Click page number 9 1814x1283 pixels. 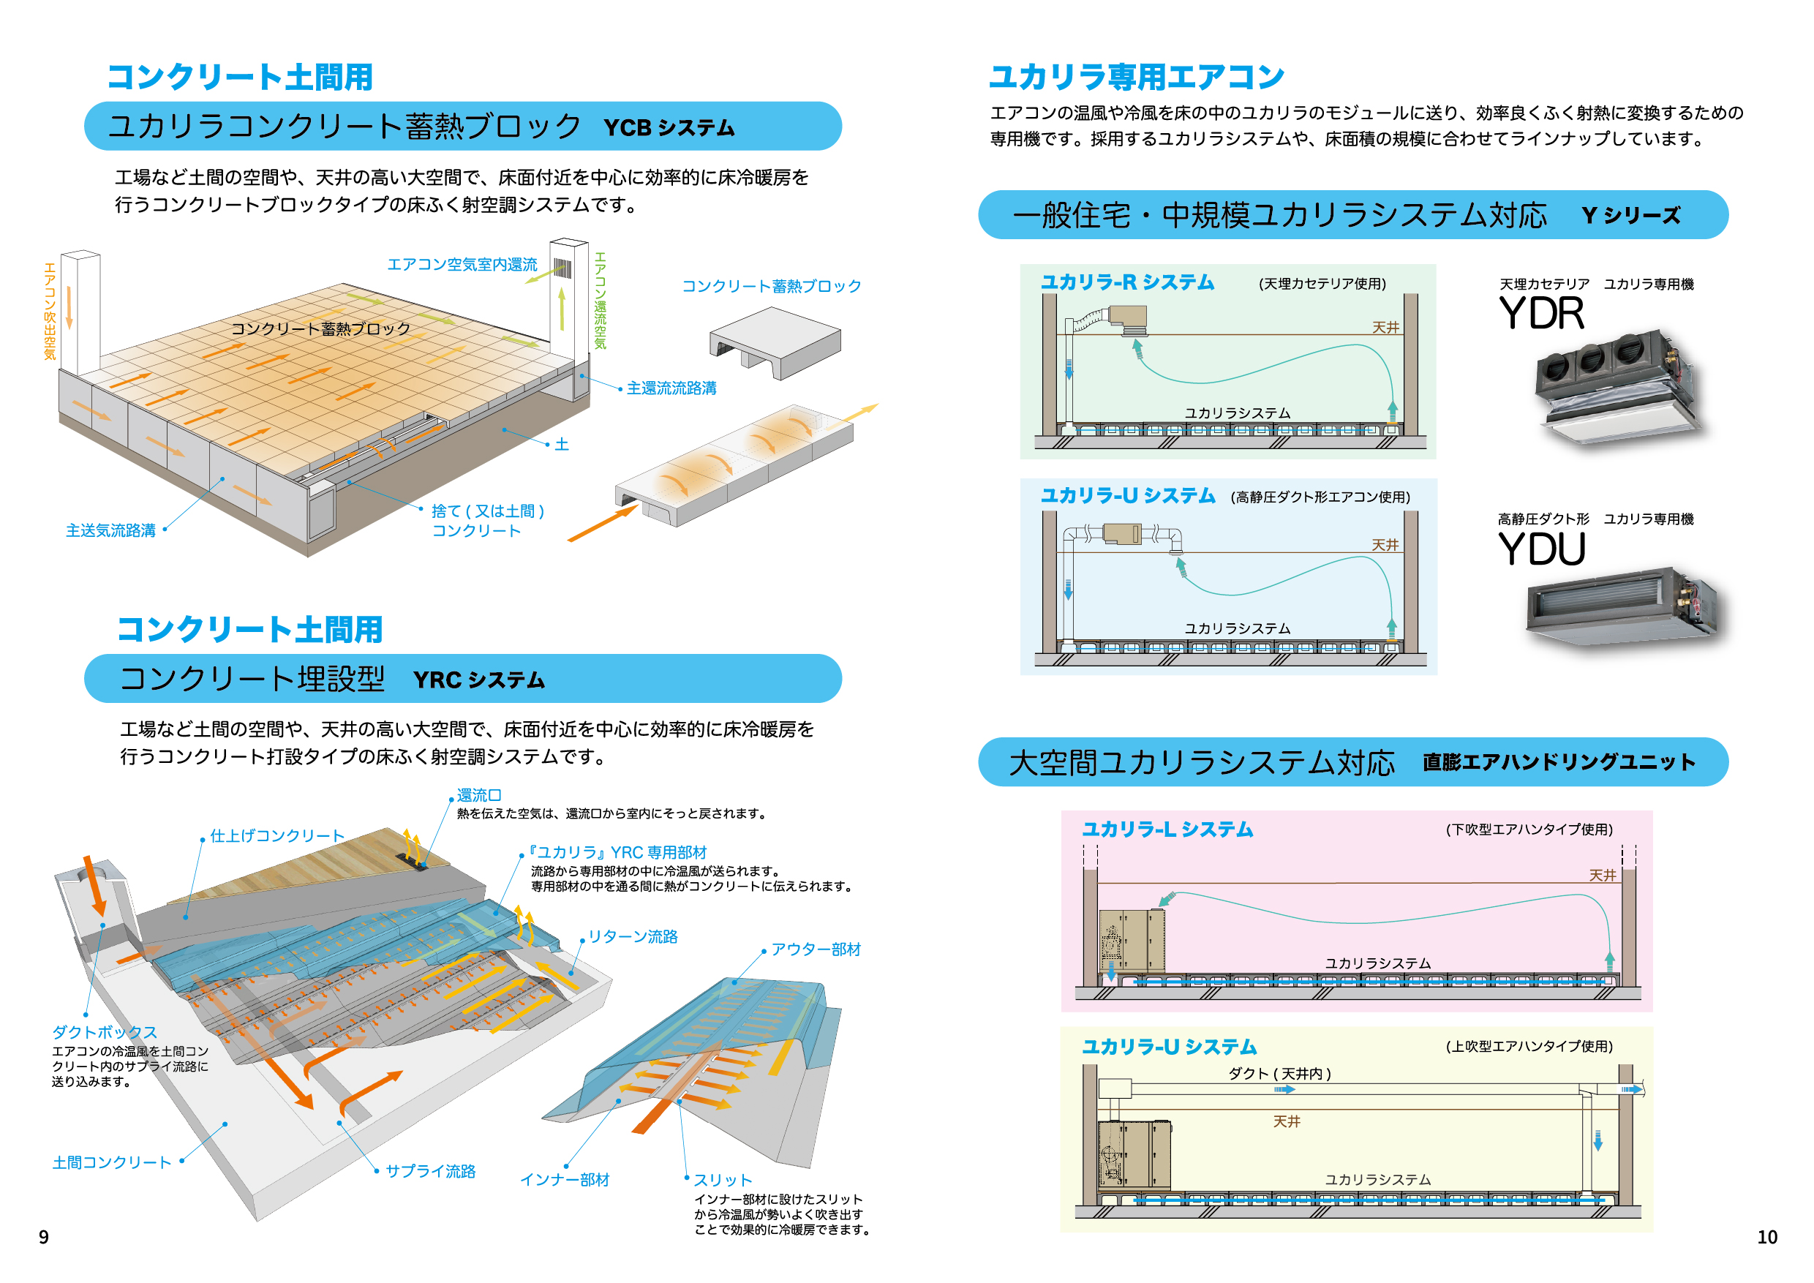[43, 1236]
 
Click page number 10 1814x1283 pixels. [1766, 1236]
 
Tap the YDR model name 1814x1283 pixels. [1541, 314]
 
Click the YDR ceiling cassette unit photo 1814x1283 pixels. [1616, 387]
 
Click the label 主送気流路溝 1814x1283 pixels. [110, 530]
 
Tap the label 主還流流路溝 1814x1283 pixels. [671, 388]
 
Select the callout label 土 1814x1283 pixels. [562, 445]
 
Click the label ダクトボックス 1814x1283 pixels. [105, 1032]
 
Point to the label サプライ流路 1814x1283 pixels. [431, 1171]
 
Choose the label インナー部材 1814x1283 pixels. [565, 1180]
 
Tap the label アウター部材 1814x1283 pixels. [816, 949]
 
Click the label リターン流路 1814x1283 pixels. [633, 936]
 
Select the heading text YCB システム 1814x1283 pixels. [669, 128]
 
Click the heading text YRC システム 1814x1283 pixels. [479, 680]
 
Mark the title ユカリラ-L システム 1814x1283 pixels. [1167, 829]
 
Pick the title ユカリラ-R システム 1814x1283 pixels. [1127, 282]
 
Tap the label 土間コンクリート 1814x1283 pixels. [111, 1162]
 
